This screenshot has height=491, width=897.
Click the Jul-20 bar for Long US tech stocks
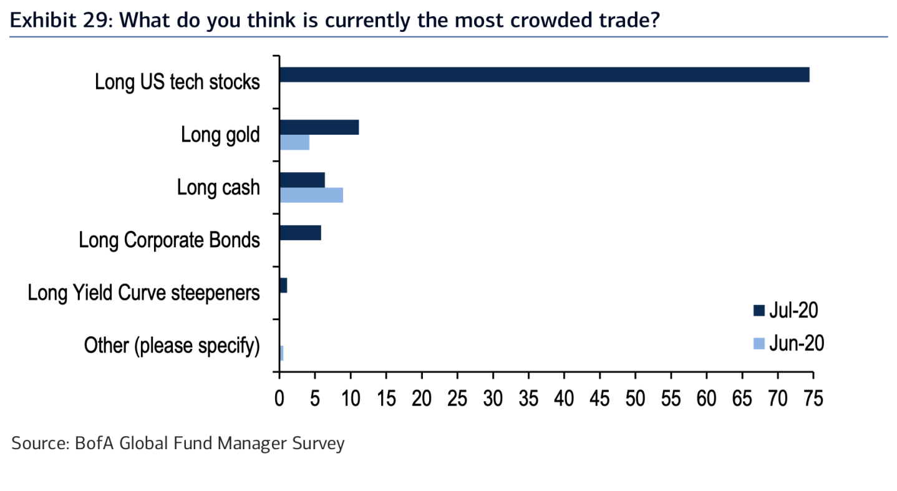tap(544, 75)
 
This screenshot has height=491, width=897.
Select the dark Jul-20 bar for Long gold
tap(319, 127)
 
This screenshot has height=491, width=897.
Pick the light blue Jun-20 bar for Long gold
tap(294, 142)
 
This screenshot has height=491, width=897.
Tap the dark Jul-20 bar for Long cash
tap(302, 180)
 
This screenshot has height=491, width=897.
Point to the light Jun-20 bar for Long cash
tap(311, 195)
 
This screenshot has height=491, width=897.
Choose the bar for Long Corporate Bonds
tap(300, 233)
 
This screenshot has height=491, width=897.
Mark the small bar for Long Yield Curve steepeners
tap(283, 286)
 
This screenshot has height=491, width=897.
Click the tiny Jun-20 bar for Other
tap(281, 353)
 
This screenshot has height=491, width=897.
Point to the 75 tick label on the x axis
tap(813, 397)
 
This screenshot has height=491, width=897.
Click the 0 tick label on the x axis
tap(279, 397)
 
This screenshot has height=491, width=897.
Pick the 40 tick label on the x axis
tap(564, 397)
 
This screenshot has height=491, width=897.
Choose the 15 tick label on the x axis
tap(386, 397)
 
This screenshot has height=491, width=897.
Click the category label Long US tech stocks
tap(177, 82)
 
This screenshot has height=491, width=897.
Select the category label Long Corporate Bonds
tap(169, 240)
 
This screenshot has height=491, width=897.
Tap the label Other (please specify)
tap(172, 346)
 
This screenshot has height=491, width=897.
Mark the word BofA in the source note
tap(94, 444)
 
